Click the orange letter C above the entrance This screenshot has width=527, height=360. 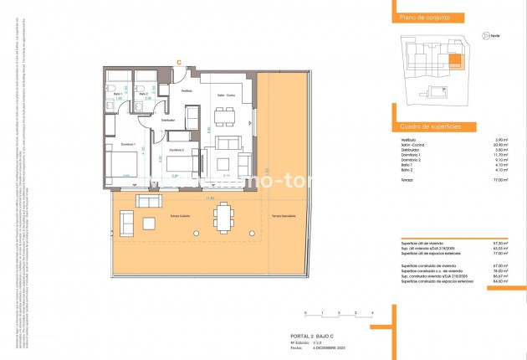point(180,61)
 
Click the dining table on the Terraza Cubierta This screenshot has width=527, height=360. point(223,217)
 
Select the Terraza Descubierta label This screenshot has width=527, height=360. point(286,217)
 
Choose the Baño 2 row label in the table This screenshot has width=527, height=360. point(408,171)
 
